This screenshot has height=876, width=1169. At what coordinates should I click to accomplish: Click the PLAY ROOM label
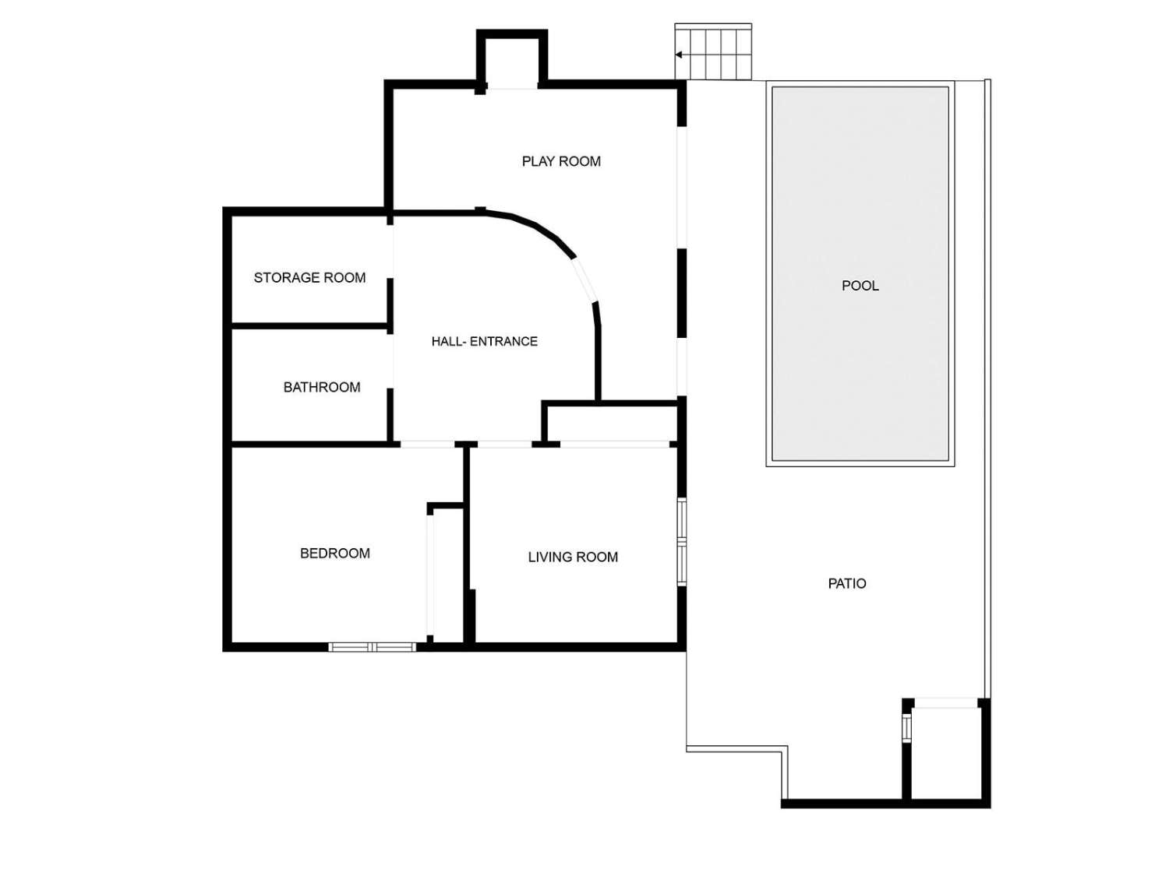561,161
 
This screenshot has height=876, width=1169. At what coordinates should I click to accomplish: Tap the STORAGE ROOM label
309,277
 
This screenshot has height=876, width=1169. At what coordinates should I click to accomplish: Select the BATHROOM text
321,387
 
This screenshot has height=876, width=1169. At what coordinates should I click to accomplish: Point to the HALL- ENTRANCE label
484,341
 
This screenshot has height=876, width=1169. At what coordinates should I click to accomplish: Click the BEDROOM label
334,553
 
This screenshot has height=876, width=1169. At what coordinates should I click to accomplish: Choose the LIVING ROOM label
573,557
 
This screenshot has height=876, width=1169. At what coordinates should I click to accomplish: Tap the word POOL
860,286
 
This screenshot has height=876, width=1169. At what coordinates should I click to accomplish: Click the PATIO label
846,583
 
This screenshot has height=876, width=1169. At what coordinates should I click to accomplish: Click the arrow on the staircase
680,55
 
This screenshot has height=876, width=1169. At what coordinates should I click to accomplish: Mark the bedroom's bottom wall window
373,646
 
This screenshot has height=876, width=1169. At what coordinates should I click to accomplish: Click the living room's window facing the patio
681,542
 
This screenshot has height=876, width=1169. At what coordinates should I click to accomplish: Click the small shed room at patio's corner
946,752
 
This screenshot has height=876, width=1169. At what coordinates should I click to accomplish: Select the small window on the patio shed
906,728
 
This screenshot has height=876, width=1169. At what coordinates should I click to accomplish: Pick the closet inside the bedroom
447,576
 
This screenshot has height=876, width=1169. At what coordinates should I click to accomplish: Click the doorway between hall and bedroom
427,445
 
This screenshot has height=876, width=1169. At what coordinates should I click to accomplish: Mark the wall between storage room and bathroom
309,325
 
